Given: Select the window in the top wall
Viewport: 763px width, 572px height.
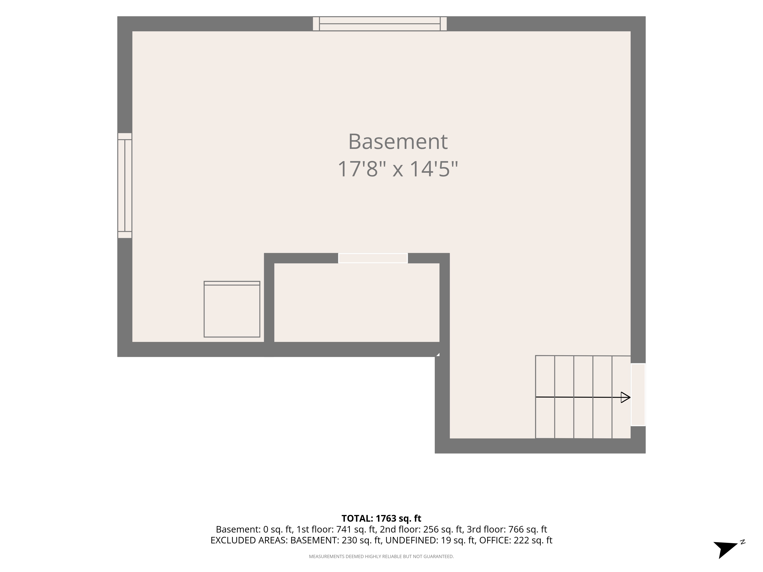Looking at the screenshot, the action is tap(380, 24).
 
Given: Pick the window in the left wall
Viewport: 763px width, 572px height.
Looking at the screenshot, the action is tap(125, 186).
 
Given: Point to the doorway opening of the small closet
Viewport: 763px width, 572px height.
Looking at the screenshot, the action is tap(373, 258).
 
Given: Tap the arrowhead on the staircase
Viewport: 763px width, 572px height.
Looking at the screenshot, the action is tap(625, 397).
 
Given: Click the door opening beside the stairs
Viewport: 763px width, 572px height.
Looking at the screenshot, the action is tap(638, 394).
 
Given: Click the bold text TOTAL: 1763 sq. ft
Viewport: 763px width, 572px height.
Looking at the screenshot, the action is tap(381, 518).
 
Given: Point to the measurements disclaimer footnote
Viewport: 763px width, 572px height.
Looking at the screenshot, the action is tap(381, 557).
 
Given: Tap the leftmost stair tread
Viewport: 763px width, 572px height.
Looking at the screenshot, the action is tap(545, 397).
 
